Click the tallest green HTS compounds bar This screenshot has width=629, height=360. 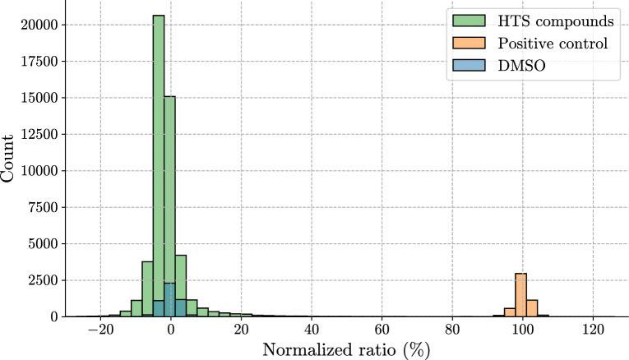[x=159, y=164]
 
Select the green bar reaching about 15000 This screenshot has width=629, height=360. [x=169, y=205]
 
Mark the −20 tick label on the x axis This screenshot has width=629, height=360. [x=99, y=330]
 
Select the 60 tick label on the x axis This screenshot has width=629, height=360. [x=382, y=330]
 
